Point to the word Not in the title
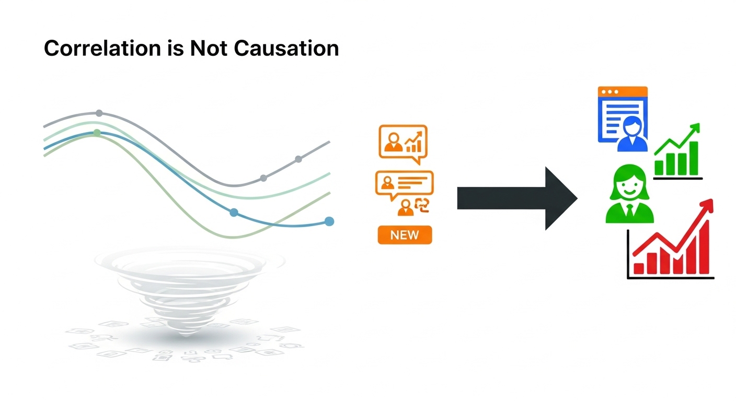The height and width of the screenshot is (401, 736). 209,49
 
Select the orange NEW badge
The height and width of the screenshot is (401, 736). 405,235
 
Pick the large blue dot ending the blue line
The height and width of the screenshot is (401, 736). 329,221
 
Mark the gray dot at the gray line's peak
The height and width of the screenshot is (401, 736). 99,113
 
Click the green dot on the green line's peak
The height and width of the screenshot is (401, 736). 97,133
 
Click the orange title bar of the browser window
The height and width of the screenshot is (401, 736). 623,92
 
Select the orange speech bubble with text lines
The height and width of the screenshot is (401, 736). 404,183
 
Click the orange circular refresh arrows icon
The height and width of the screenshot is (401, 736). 421,207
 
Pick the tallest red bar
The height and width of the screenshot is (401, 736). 704,247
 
